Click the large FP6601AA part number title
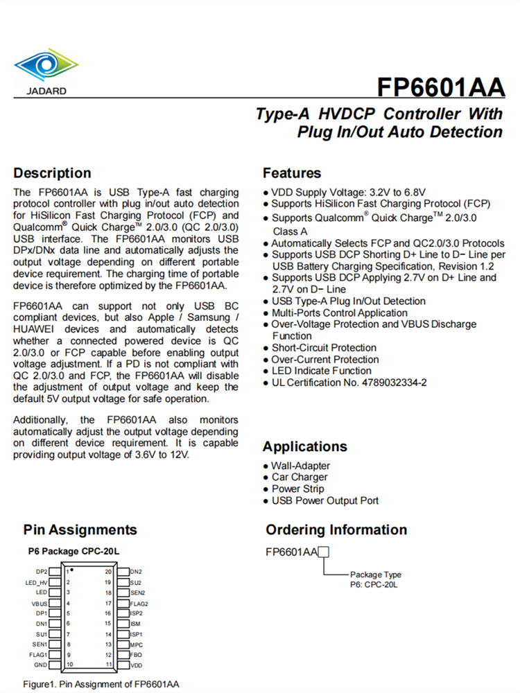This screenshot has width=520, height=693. [440, 88]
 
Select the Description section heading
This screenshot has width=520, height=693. [52, 173]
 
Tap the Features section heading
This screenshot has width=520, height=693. [292, 173]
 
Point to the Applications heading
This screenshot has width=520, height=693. [304, 446]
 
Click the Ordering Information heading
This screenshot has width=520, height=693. [336, 530]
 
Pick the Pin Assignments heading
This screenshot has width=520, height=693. [80, 530]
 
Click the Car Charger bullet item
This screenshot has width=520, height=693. [300, 477]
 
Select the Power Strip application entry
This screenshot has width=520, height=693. [297, 489]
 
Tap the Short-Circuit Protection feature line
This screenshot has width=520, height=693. [324, 348]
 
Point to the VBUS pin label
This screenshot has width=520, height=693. [40, 603]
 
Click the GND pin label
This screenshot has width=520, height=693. [42, 665]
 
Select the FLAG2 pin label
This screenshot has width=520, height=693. [139, 603]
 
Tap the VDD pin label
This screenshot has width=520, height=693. [137, 665]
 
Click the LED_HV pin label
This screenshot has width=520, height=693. [36, 582]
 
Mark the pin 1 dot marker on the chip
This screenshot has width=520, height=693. [72, 570]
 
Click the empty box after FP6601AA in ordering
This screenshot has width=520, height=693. [323, 552]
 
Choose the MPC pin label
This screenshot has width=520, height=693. [137, 644]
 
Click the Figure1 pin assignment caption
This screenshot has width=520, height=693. [101, 684]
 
